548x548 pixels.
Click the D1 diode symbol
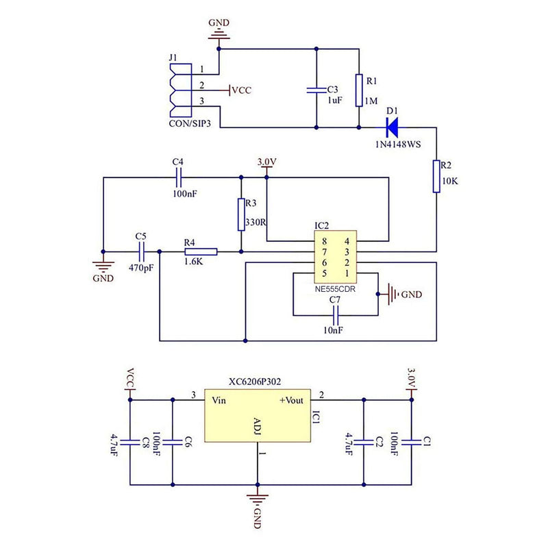[x=392, y=127]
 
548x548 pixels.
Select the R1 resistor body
[x=359, y=90]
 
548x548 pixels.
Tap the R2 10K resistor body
[x=436, y=176]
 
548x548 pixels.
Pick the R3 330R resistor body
[x=241, y=214]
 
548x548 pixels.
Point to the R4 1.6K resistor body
[x=201, y=251]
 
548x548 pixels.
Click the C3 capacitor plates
[x=316, y=90]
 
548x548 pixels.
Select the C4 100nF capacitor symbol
[x=179, y=177]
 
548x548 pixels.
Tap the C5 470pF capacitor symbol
[x=141, y=251]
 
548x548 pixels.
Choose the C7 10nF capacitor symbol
[x=336, y=316]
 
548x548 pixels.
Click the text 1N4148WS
[x=398, y=145]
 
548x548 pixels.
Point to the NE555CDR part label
[x=335, y=289]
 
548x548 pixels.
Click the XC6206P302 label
[x=255, y=382]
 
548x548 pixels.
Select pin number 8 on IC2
[x=324, y=241]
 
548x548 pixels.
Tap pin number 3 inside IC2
[x=347, y=252]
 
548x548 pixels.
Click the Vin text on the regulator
[x=219, y=400]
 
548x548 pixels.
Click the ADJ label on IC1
[x=257, y=426]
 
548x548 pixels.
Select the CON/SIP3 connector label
[x=190, y=123]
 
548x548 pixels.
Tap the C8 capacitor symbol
[x=130, y=442]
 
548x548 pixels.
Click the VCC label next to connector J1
[x=242, y=90]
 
